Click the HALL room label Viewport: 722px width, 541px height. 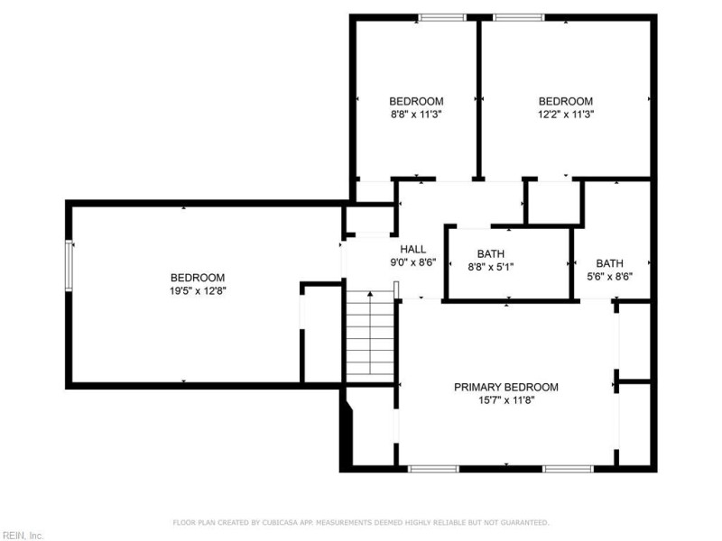413,250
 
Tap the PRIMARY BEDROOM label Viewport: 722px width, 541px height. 506,388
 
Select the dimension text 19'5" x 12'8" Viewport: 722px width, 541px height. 198,290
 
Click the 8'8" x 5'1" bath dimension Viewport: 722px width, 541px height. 491,267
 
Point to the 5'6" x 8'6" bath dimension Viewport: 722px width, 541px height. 610,277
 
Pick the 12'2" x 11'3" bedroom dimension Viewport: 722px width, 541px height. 566,115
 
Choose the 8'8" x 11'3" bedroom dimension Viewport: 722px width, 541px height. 416,115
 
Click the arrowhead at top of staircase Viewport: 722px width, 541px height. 370,294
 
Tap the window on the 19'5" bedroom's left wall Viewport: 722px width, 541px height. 69,265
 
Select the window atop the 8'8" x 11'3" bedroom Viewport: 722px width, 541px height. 442,18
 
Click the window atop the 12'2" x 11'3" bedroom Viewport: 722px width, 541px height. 519,18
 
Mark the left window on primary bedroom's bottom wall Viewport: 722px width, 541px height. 433,469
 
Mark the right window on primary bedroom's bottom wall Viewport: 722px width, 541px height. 568,469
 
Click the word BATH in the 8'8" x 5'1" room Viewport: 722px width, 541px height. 491,254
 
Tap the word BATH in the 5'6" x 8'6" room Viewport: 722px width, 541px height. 610,263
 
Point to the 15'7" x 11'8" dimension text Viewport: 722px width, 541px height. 506,400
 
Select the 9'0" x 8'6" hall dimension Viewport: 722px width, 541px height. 413,262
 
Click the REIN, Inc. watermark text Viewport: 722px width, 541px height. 22,536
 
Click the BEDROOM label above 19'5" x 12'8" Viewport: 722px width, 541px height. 198,278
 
